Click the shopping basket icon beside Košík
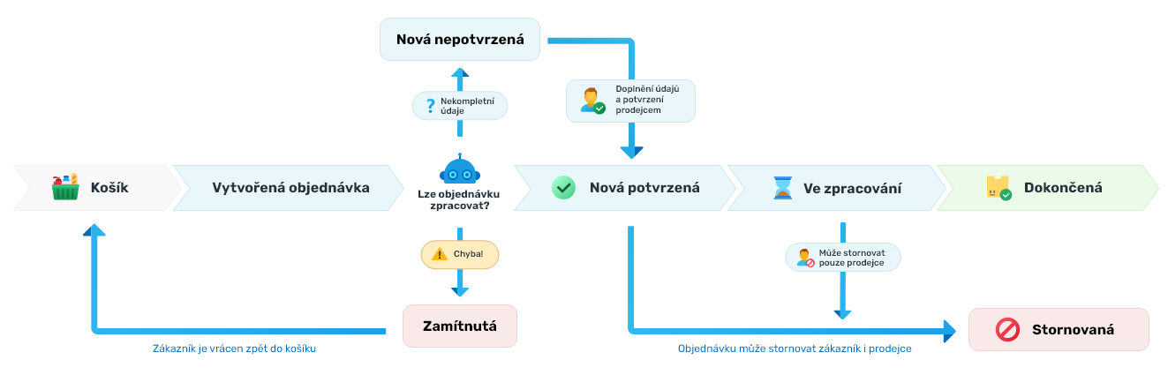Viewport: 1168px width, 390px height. point(66,187)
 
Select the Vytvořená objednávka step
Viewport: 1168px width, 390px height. point(290,188)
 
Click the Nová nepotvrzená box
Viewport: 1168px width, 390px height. point(460,40)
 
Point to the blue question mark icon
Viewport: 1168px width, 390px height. point(430,107)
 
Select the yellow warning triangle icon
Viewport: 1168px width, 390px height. point(439,254)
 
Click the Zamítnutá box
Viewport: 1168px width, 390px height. point(460,326)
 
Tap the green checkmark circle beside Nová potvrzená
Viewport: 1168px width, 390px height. point(563,187)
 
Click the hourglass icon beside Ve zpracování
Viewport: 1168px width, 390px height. point(782,188)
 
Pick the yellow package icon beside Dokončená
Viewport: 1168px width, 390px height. point(998,187)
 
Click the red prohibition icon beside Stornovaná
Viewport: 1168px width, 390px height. point(1007,330)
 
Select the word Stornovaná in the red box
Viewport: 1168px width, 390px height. point(1073,330)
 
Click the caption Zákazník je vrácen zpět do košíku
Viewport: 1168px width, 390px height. point(234,349)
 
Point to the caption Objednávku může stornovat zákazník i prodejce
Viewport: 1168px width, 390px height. point(795,349)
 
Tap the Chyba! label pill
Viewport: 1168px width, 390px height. point(460,254)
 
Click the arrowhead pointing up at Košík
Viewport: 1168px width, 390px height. point(94,229)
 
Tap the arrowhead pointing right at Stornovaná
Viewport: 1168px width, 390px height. point(949,331)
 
